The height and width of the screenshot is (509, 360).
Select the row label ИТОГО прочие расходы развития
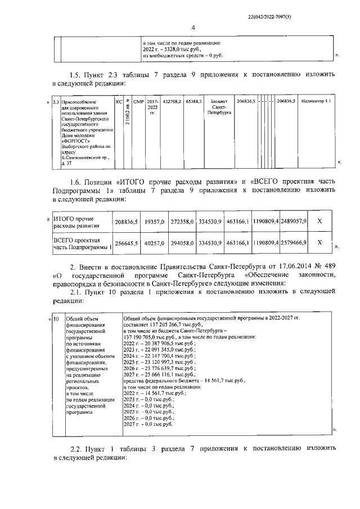pos(77,222)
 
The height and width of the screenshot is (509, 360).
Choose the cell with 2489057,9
pos(294,222)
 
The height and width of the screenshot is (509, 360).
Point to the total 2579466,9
pos(294,243)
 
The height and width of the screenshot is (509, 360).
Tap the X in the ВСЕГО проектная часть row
pos(319,243)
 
